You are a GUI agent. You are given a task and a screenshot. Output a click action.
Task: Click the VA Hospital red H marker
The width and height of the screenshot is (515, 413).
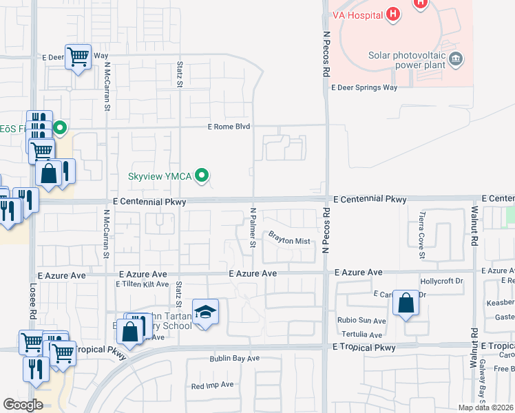[392, 14]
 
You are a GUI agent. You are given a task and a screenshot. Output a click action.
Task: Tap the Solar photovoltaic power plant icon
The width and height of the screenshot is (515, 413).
[455, 61]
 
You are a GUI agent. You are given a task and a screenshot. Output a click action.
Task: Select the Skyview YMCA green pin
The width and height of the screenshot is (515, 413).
[202, 177]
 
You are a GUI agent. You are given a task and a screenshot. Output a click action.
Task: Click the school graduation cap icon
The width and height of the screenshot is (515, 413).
[206, 313]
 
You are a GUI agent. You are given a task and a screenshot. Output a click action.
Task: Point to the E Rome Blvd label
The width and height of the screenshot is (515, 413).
[229, 127]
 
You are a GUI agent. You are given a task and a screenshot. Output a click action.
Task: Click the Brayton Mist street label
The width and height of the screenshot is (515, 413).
[289, 241]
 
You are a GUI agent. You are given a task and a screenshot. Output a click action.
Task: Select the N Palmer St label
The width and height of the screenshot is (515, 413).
[253, 228]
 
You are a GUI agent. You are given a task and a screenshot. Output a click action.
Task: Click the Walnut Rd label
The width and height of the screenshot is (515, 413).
[474, 228]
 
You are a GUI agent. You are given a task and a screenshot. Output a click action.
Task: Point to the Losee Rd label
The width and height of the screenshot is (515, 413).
[32, 303]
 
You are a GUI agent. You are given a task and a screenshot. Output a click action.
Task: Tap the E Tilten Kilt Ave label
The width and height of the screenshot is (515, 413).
[143, 284]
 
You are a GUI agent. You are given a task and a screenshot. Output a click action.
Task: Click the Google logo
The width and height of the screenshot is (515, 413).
[23, 405]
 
